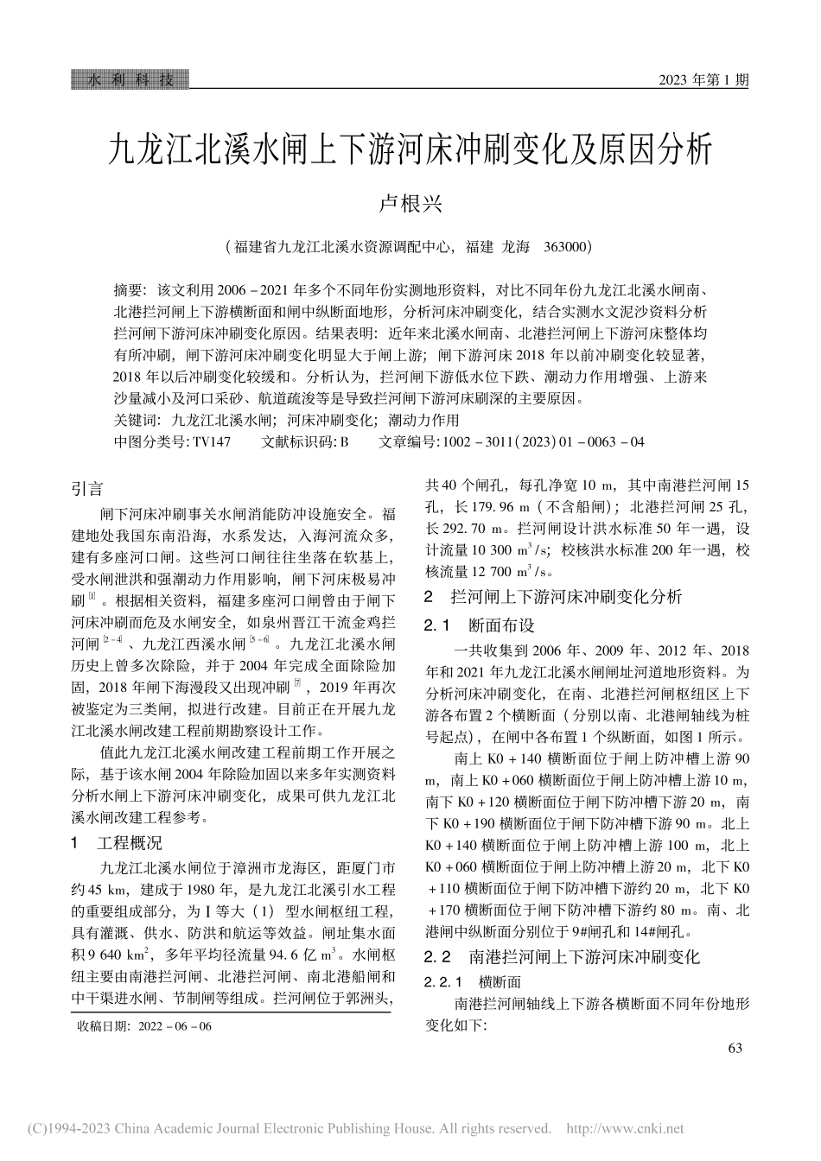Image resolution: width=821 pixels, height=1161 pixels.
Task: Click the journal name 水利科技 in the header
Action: click(130, 79)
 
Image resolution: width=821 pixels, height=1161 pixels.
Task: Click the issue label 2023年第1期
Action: click(703, 80)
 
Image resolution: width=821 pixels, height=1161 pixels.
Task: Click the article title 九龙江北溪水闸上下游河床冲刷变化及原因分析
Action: click(410, 150)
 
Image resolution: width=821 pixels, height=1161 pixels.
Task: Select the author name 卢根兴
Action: click(410, 205)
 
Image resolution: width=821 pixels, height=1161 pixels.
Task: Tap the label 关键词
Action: click(136, 421)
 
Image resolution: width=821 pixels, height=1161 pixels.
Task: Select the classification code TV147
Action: click(212, 441)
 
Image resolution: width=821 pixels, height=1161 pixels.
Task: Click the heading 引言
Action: click(87, 489)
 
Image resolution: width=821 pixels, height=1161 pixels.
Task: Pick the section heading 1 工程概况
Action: click(117, 843)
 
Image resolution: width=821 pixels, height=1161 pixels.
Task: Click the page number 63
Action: click(735, 1048)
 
